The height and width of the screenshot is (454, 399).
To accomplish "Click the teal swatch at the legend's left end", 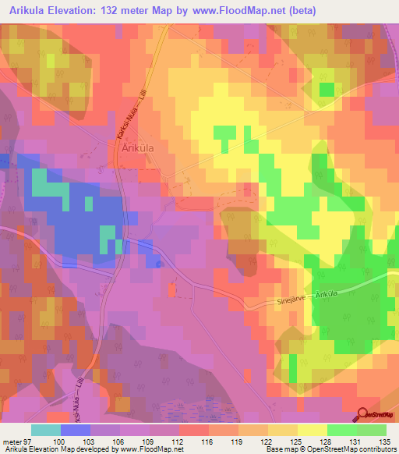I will click(x=45, y=430).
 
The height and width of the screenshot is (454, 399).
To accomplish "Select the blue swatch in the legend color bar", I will click(x=75, y=430).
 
